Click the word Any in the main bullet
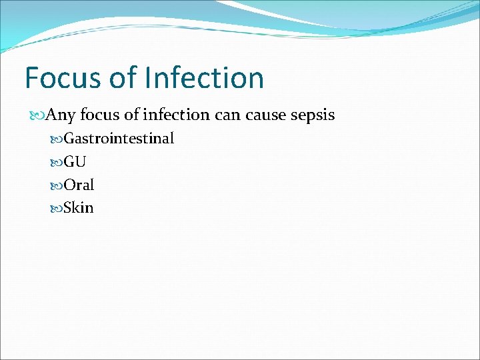(62, 115)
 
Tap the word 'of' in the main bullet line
(132, 115)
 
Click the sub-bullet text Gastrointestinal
(119, 139)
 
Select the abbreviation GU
(75, 162)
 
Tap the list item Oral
(79, 185)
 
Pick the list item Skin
(79, 208)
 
